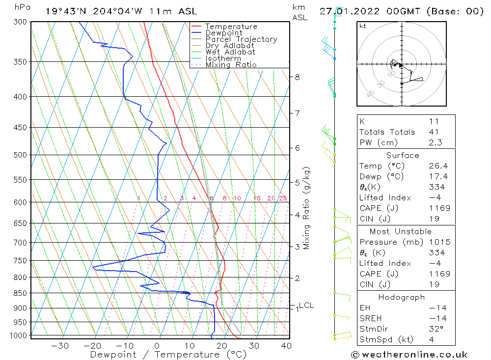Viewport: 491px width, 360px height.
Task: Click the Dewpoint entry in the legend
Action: pyautogui.click(x=223, y=33)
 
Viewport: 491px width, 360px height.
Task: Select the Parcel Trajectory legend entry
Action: pyautogui.click(x=241, y=39)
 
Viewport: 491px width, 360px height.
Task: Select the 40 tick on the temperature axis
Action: pyautogui.click(x=286, y=346)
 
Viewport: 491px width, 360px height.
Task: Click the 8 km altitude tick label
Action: pyautogui.click(x=298, y=77)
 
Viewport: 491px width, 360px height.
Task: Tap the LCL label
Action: pyautogui.click(x=306, y=305)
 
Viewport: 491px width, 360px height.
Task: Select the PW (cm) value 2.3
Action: pyautogui.click(x=435, y=142)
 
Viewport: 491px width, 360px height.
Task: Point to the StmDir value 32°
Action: pyautogui.click(x=436, y=329)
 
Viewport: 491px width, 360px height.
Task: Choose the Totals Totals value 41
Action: pyautogui.click(x=434, y=132)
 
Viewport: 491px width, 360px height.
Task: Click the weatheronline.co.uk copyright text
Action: pyautogui.click(x=409, y=355)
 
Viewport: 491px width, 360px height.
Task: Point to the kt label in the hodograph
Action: pyautogui.click(x=363, y=26)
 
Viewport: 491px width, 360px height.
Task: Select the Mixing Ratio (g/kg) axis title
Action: pyautogui.click(x=306, y=208)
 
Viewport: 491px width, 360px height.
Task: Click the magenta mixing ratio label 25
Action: pyautogui.click(x=283, y=198)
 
